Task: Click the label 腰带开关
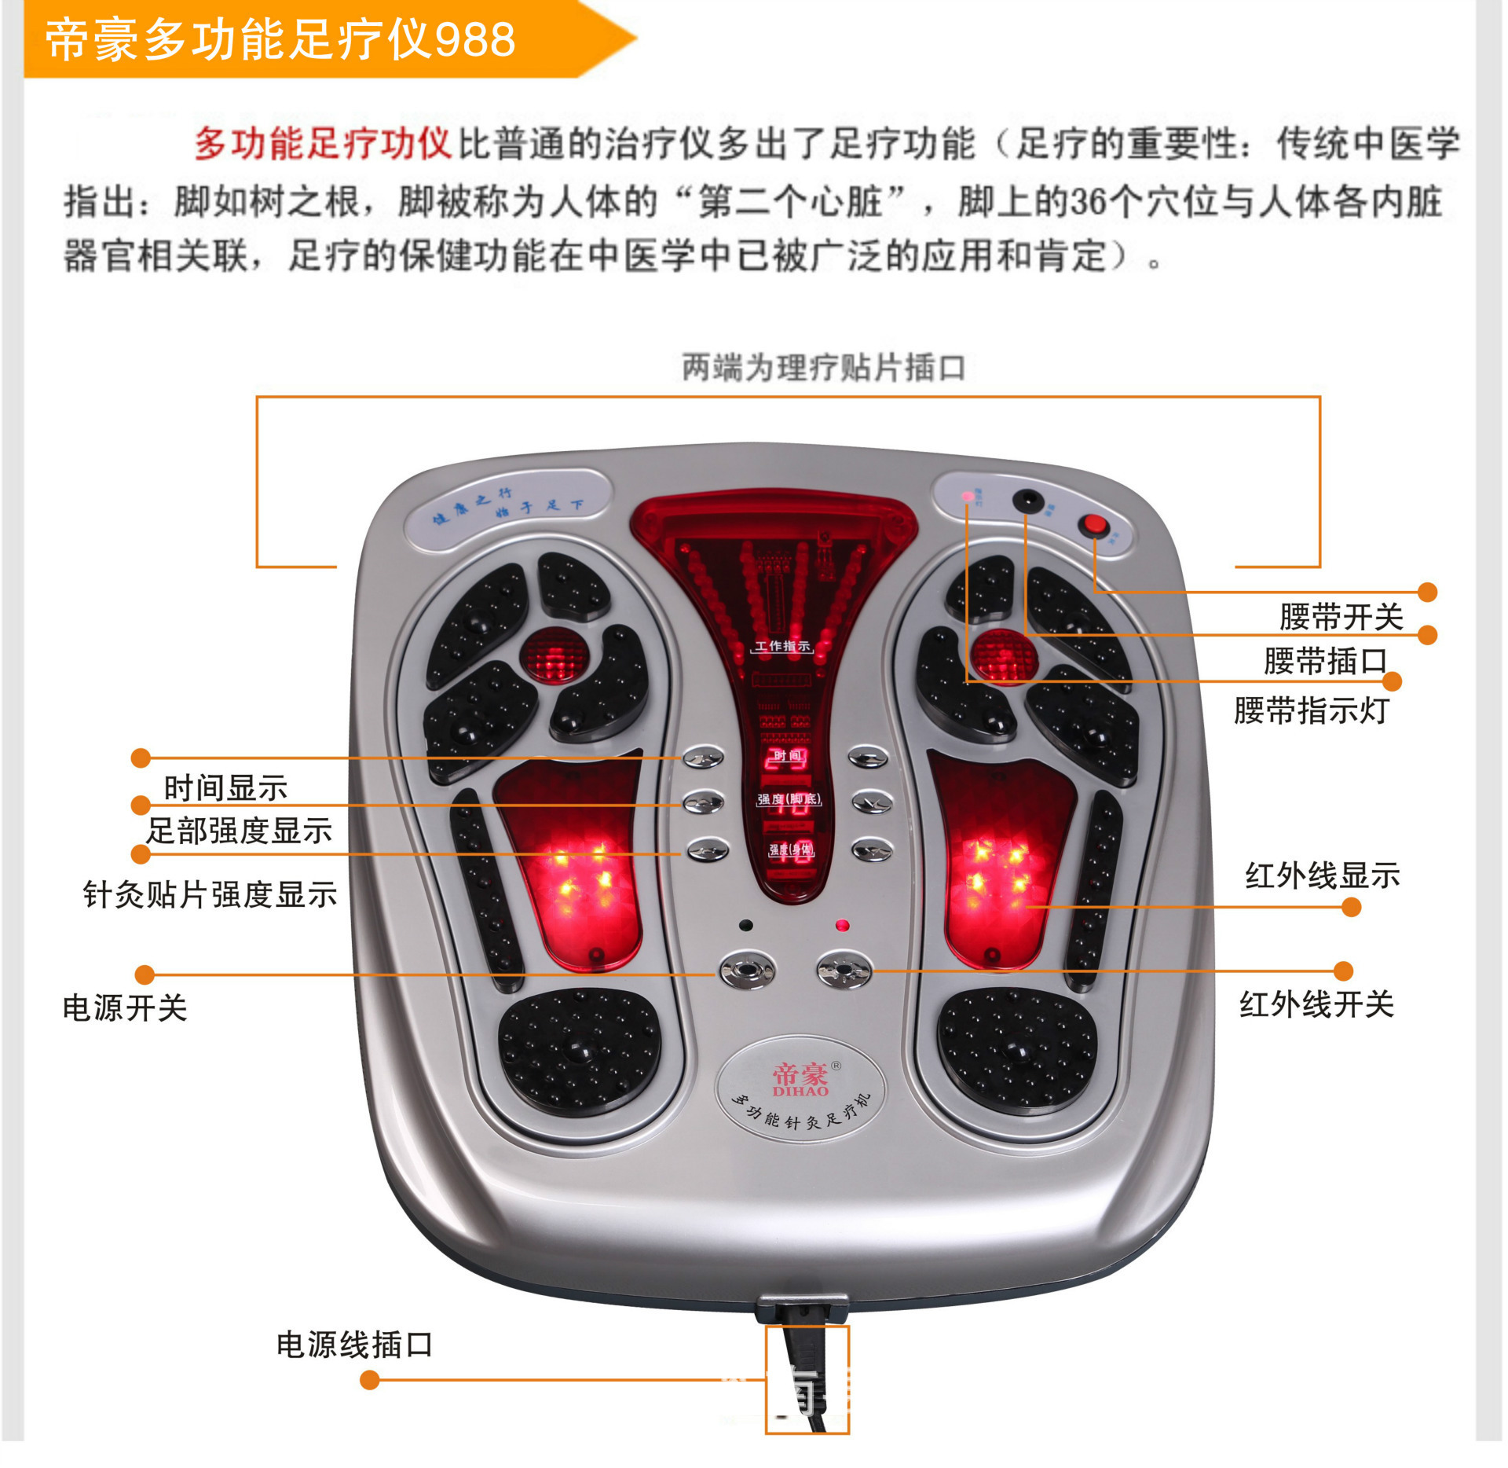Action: [x=1340, y=617]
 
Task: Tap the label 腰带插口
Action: [x=1324, y=661]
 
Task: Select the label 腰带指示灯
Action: [x=1310, y=710]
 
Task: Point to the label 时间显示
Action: [x=225, y=787]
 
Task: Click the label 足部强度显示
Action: [x=240, y=831]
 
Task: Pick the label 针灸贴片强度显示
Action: [x=210, y=894]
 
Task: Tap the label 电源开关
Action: [x=125, y=1007]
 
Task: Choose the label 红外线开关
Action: [x=1316, y=1004]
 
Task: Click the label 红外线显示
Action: [x=1322, y=875]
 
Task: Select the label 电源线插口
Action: [x=354, y=1345]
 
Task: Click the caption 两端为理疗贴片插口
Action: [x=823, y=368]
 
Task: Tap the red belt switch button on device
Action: [x=1093, y=524]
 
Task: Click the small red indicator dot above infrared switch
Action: [x=843, y=926]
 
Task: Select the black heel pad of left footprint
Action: [x=579, y=1051]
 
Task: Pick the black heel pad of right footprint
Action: [x=1016, y=1049]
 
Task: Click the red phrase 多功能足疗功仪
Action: [x=322, y=144]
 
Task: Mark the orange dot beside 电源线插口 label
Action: [x=369, y=1380]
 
